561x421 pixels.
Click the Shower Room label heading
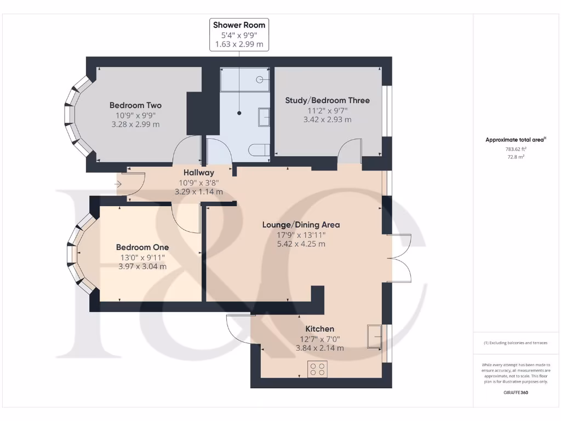pos(239,25)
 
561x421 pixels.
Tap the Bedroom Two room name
pos(136,105)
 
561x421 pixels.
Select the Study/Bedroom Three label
pos(328,100)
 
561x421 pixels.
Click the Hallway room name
pos(199,173)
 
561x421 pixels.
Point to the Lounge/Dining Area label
pos(301,225)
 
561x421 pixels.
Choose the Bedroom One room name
pos(142,247)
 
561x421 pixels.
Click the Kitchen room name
pos(320,329)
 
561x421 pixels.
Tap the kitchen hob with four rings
pos(317,369)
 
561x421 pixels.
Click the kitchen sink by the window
pos(375,337)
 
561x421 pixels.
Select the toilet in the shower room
pos(259,150)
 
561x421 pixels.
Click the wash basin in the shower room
pos(264,117)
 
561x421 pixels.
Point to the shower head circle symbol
pos(260,79)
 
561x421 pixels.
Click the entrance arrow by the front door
pos(118,184)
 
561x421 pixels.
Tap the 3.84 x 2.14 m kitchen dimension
pos(320,348)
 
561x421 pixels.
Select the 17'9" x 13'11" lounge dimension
pos(301,235)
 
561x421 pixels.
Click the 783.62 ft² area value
pos(516,149)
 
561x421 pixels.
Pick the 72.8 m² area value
pos(516,157)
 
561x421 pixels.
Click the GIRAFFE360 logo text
pos(516,392)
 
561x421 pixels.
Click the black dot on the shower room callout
pos(239,113)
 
